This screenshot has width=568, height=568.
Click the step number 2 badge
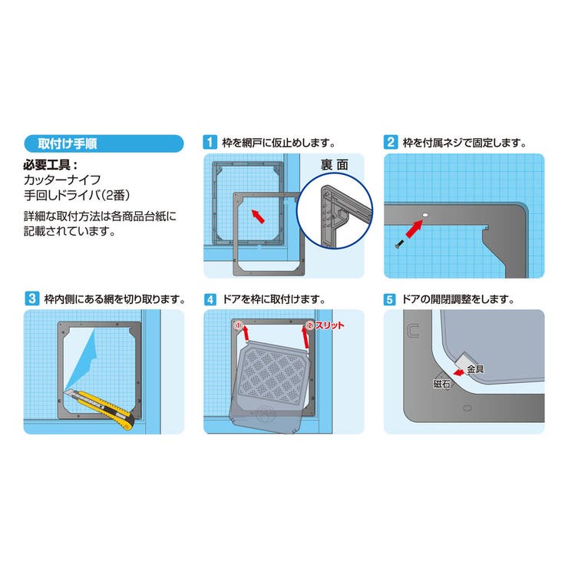tap(391, 142)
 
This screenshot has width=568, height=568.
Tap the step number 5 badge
tap(391, 299)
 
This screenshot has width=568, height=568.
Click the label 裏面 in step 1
tap(335, 163)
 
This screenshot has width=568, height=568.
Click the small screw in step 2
tap(398, 243)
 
